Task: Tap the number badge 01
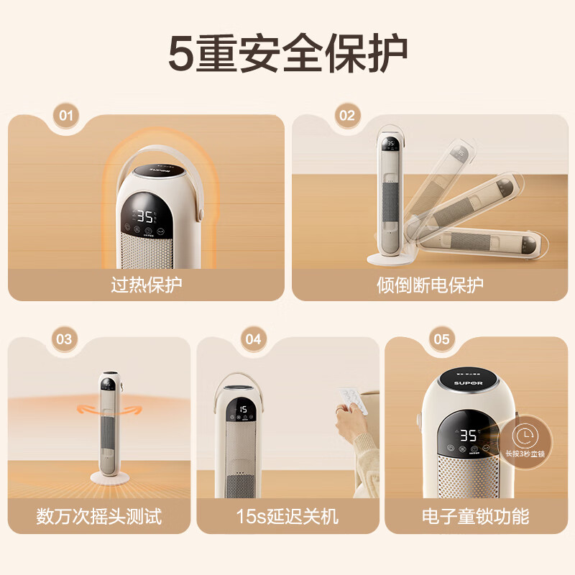(x=67, y=115)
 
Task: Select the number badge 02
(x=346, y=115)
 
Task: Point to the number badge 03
(x=64, y=338)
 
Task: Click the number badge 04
(x=253, y=338)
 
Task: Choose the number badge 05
(x=441, y=338)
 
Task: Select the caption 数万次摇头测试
(x=99, y=515)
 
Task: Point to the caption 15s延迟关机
(x=287, y=515)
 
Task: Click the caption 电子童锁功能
(x=475, y=515)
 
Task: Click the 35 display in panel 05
(x=469, y=436)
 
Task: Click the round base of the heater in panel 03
(x=109, y=477)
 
